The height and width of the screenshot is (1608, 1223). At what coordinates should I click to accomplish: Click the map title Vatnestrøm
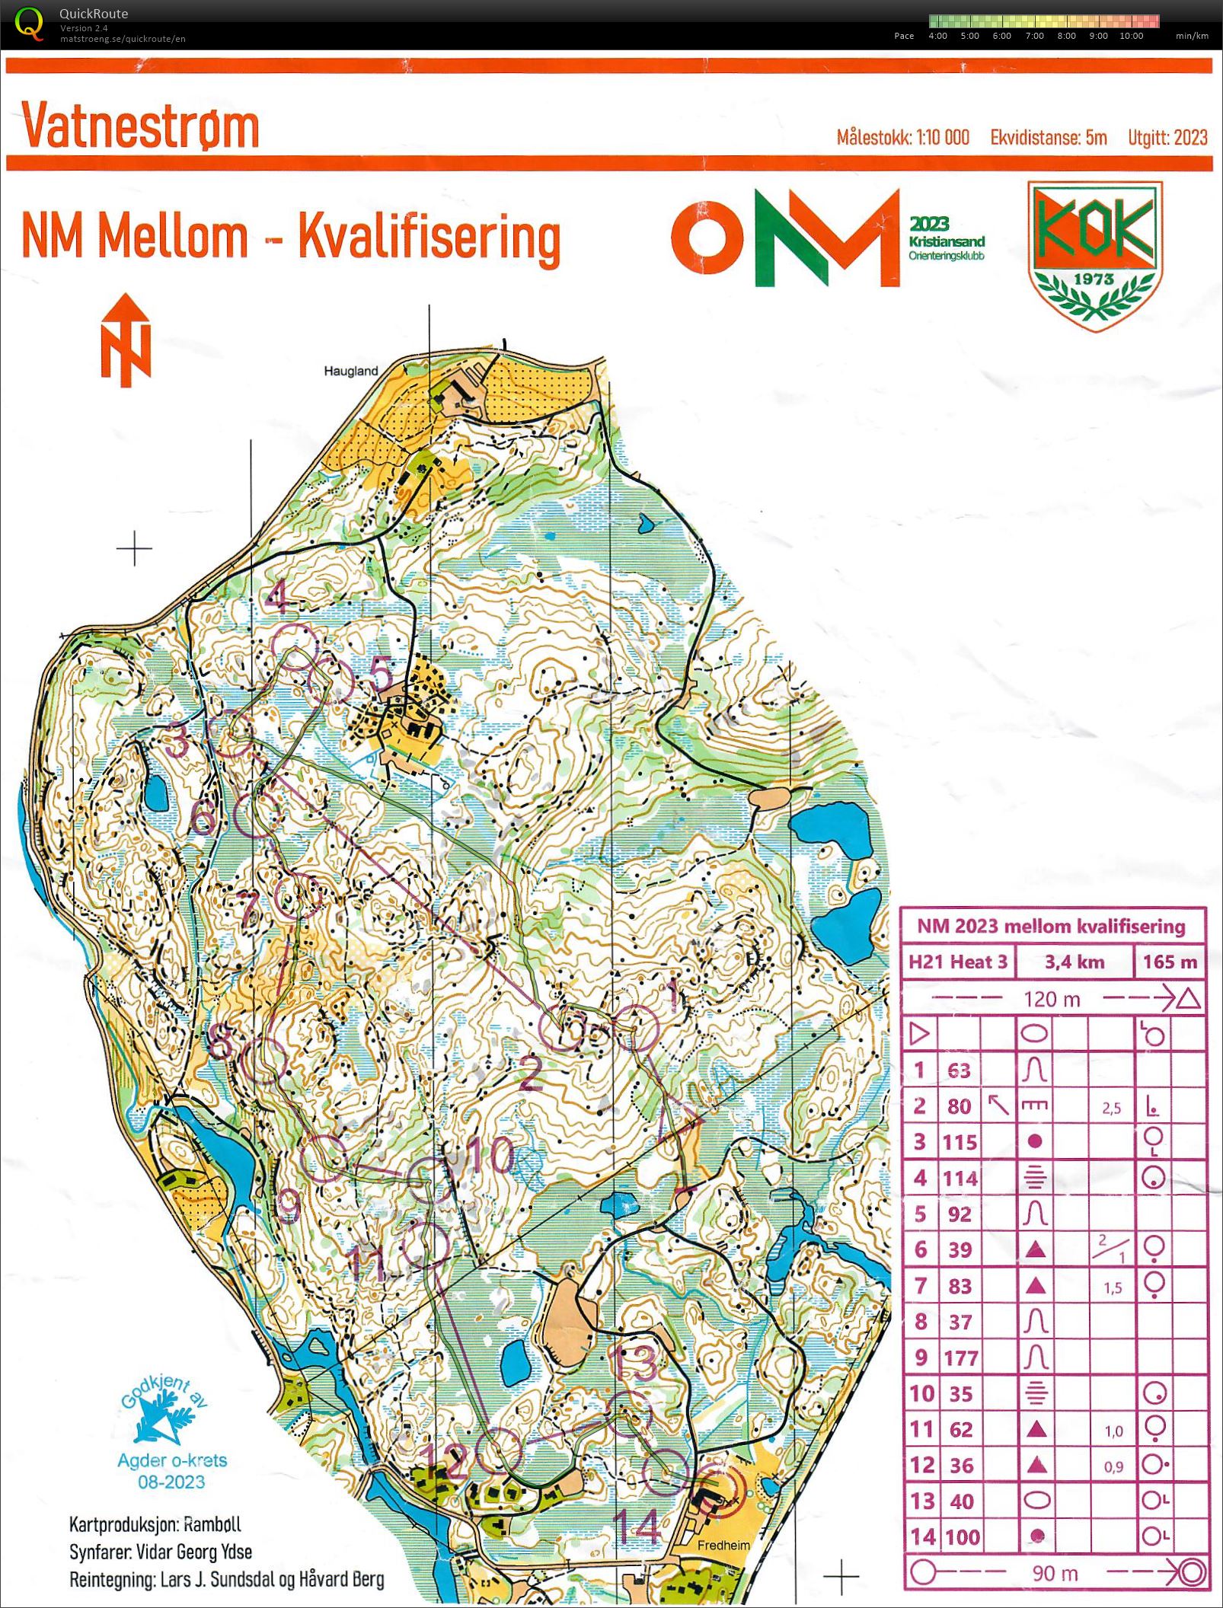click(x=141, y=126)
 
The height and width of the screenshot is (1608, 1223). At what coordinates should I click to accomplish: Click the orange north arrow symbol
click(x=126, y=340)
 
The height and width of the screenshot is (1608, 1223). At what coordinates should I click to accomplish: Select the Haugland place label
click(x=350, y=371)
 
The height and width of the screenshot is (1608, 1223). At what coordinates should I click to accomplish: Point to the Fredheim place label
click(x=723, y=1545)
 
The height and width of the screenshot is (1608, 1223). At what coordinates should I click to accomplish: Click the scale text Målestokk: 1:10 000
click(x=902, y=138)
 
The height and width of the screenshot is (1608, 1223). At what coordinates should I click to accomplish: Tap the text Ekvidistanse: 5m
click(x=1048, y=138)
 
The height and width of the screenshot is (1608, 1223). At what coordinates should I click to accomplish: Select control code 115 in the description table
click(x=960, y=1141)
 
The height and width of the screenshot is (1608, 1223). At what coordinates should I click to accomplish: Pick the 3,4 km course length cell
click(x=1074, y=962)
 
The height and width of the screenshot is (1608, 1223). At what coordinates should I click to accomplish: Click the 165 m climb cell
click(x=1170, y=962)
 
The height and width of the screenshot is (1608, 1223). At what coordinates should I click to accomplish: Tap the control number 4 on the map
click(x=277, y=596)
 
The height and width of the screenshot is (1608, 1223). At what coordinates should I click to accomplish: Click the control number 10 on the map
click(x=490, y=1154)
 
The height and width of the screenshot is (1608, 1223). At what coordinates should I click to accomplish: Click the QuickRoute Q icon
click(x=29, y=23)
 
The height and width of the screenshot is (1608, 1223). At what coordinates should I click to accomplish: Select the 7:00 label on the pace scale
click(x=1034, y=36)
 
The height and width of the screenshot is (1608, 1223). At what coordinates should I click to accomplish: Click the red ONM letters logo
click(x=784, y=238)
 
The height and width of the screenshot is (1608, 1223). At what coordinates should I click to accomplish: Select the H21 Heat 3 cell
click(x=958, y=962)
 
